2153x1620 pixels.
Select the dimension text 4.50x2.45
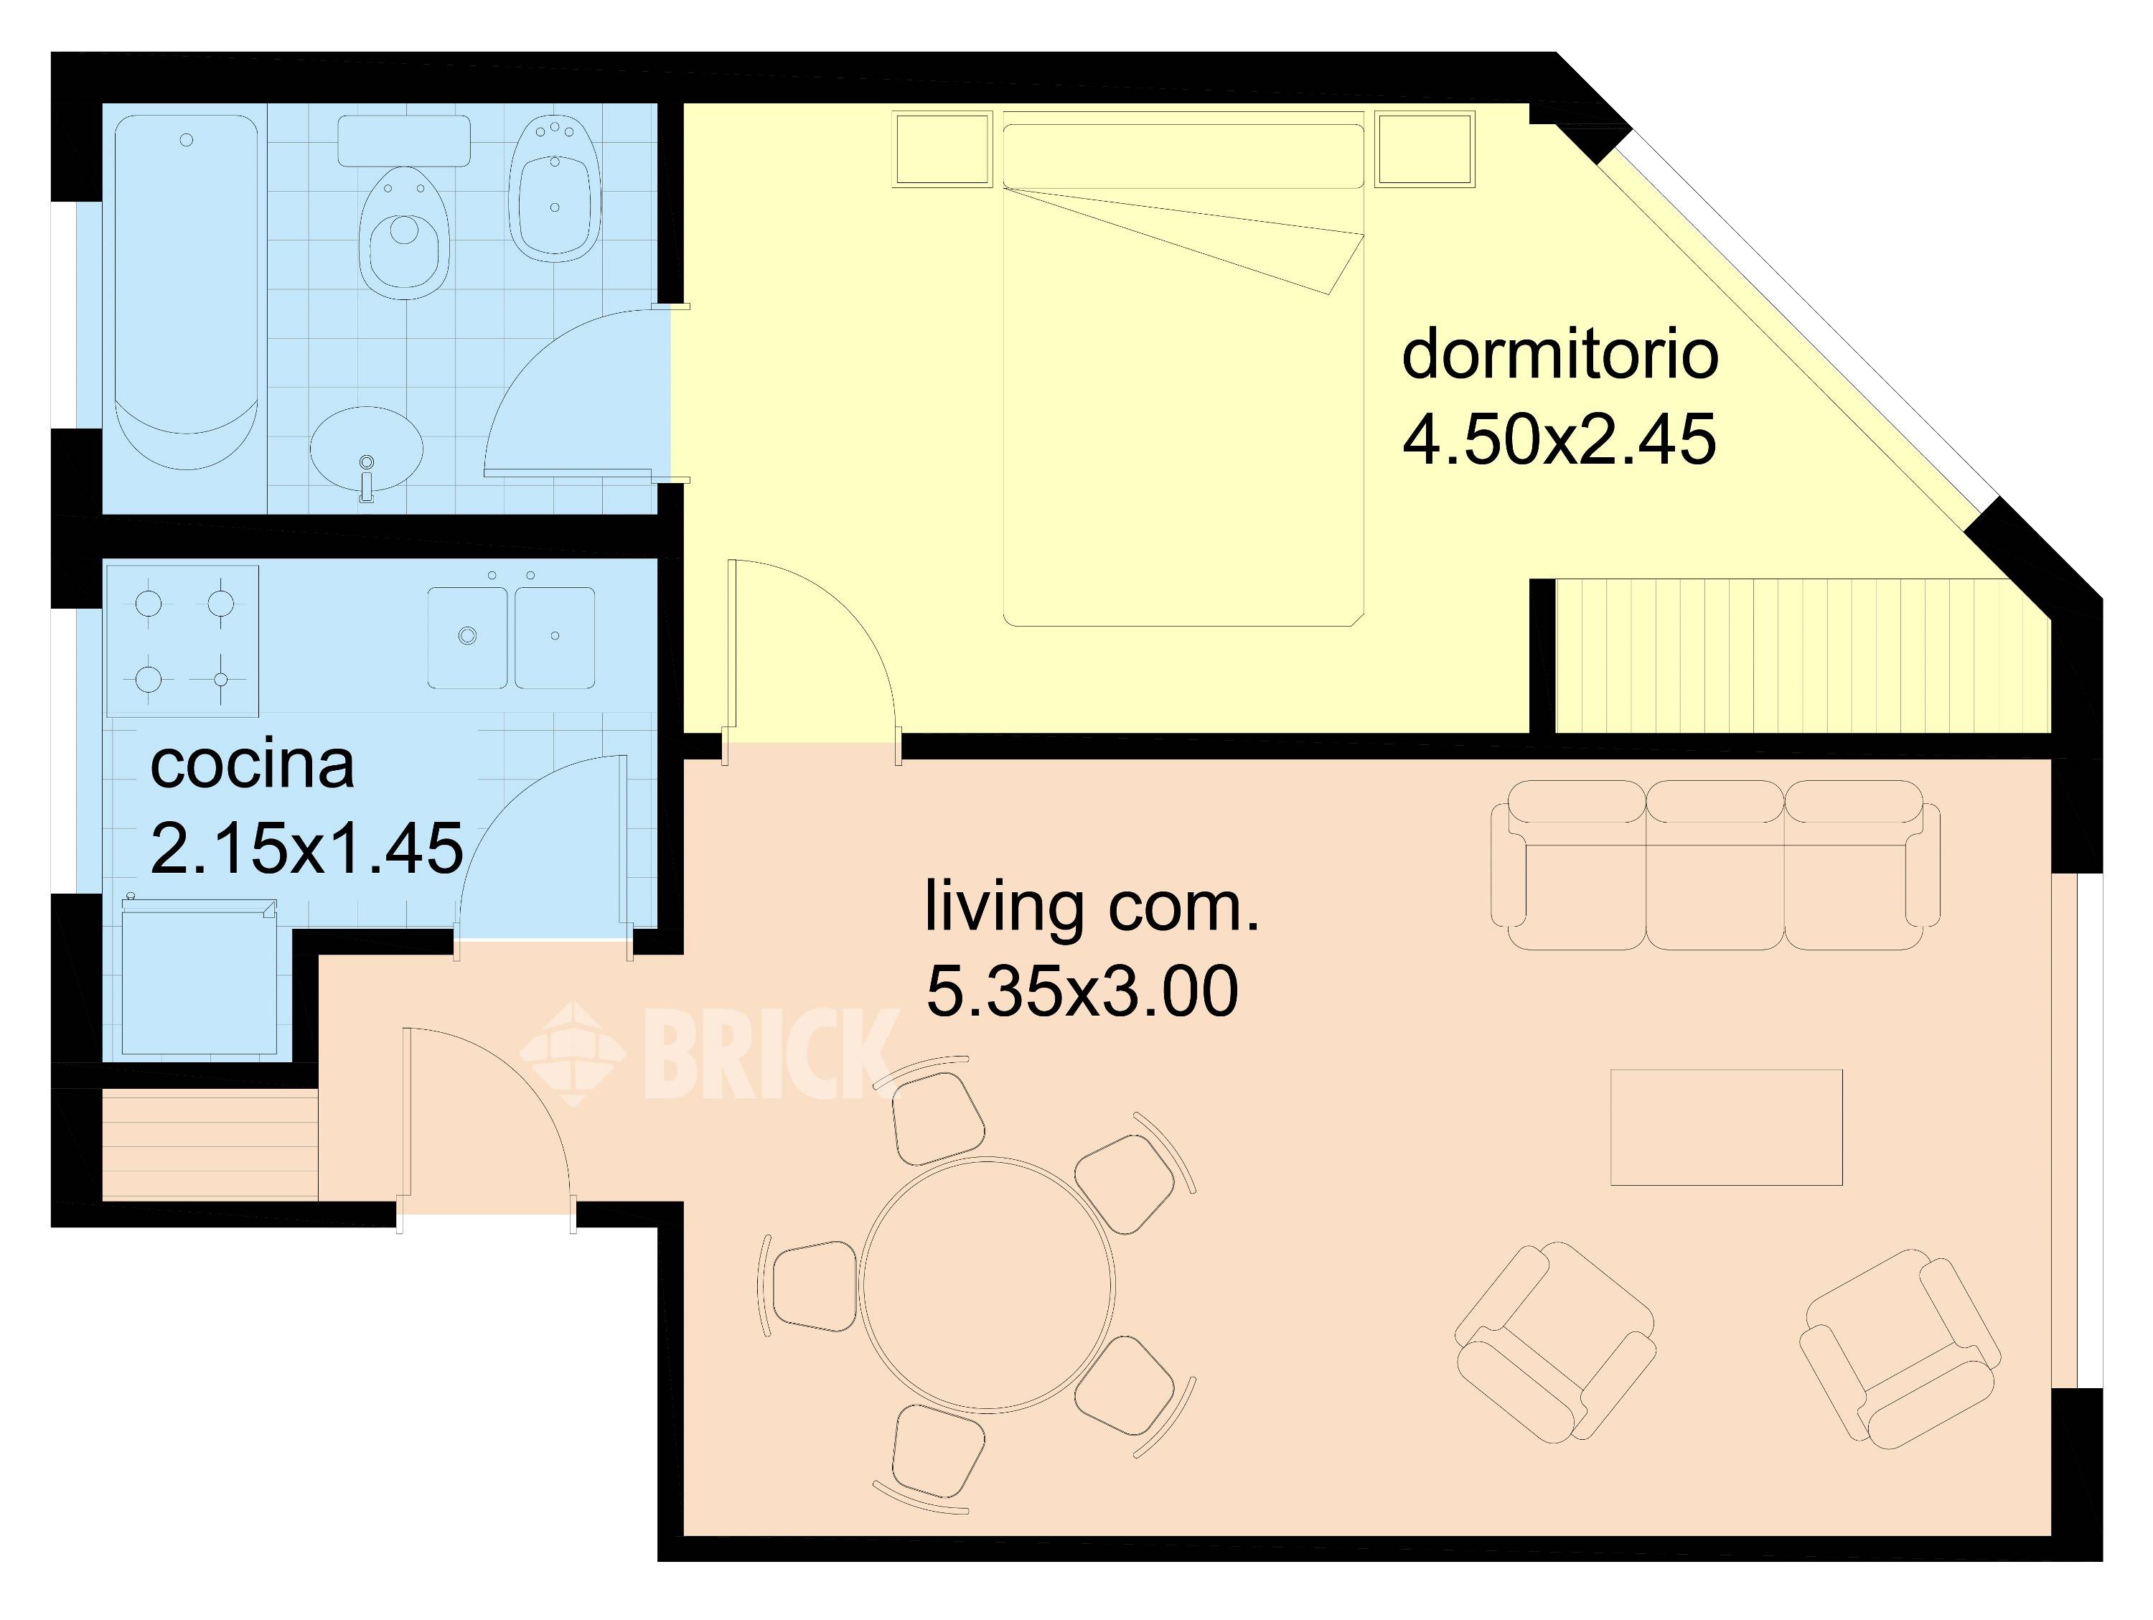tap(1559, 440)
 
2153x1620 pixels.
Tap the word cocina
tap(252, 765)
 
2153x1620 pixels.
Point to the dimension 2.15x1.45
tap(306, 848)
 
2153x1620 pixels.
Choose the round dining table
tap(988, 1284)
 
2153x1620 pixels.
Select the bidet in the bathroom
tap(555, 188)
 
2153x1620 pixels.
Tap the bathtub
tap(187, 292)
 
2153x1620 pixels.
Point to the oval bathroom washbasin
tap(367, 450)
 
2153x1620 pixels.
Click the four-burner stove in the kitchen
tap(183, 640)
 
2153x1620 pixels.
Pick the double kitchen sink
tap(512, 637)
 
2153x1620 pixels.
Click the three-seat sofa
tap(1715, 864)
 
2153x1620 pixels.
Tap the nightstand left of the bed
tap(943, 148)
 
